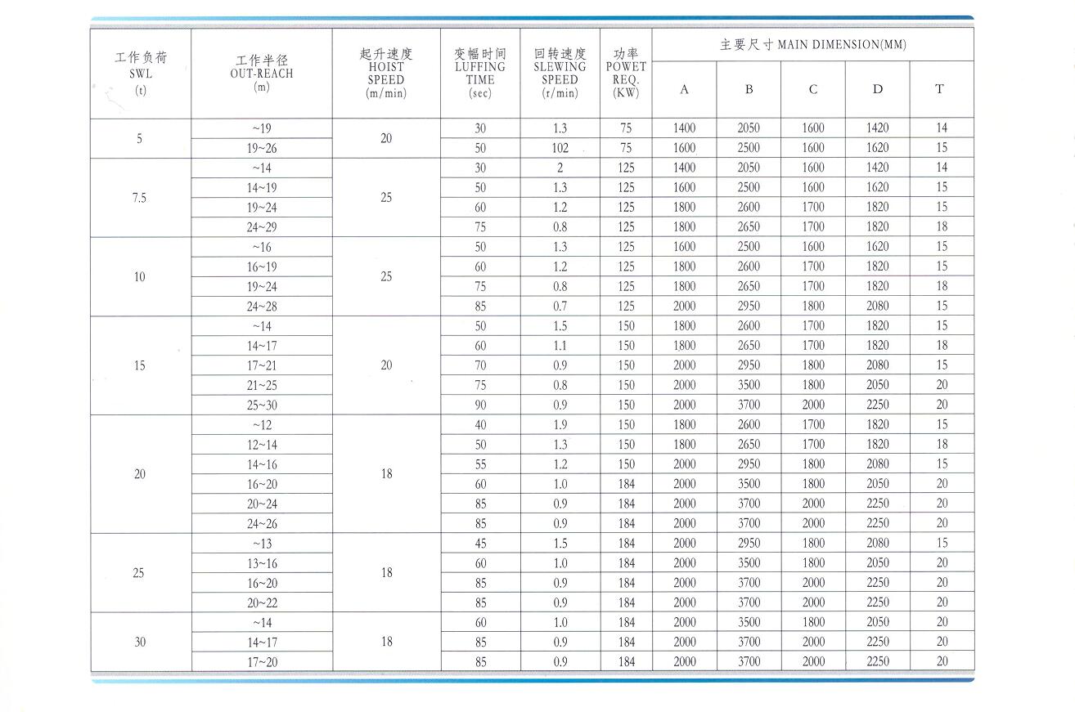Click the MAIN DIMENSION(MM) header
[x=812, y=45]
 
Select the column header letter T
[x=939, y=89]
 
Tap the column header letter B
[x=749, y=89]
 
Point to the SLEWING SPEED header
[x=560, y=73]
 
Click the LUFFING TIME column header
[x=480, y=73]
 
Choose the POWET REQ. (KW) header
[x=626, y=73]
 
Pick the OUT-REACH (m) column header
[x=262, y=74]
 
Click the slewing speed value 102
[x=560, y=148]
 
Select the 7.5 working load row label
[x=139, y=198]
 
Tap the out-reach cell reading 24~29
[x=262, y=227]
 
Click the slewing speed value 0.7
[x=560, y=307]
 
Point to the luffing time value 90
[x=480, y=405]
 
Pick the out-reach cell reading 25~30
[x=262, y=405]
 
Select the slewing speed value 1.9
[x=560, y=425]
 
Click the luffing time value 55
[x=480, y=464]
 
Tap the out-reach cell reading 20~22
[x=262, y=602]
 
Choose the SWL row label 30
[x=139, y=642]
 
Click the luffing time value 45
[x=480, y=543]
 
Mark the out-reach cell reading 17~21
[x=262, y=365]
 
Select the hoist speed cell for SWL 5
[x=386, y=138]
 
